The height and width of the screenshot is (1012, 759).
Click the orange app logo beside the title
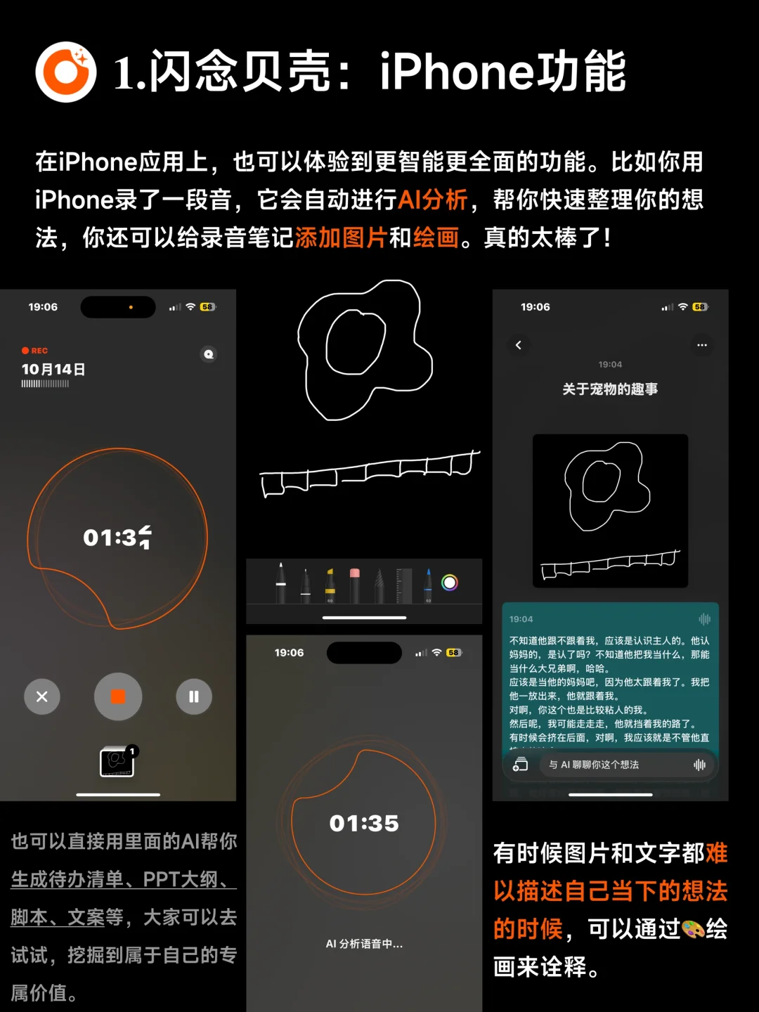click(x=66, y=72)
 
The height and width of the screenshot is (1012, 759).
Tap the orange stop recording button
click(x=118, y=696)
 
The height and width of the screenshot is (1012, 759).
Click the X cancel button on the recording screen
click(x=42, y=696)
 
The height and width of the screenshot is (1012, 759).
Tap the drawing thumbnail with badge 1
click(x=117, y=762)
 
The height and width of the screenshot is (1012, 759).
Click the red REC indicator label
click(x=35, y=350)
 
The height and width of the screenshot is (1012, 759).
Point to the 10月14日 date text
click(x=53, y=369)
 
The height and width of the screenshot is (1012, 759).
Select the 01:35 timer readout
click(x=364, y=823)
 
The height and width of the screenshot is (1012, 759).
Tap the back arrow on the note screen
click(x=519, y=345)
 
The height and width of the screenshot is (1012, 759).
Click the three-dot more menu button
click(x=701, y=345)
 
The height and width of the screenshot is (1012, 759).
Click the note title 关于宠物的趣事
click(x=610, y=389)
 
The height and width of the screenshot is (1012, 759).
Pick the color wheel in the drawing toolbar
click(x=450, y=583)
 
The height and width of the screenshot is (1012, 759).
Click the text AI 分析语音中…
click(x=364, y=944)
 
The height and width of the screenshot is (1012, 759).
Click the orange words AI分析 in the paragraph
click(x=433, y=200)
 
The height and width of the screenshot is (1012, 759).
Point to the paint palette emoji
click(x=694, y=929)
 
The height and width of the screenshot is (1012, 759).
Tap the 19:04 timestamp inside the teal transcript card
click(x=521, y=619)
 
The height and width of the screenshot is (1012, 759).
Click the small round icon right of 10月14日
click(x=209, y=354)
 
